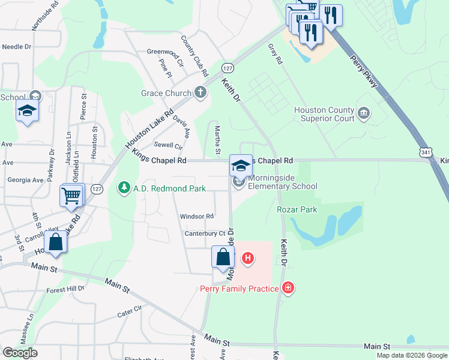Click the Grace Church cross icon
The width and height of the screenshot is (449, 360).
coord(201,93)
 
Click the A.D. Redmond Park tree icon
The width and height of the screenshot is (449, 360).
coord(124,188)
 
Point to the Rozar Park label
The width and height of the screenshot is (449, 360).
coord(297,209)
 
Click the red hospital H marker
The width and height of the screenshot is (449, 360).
coord(247,259)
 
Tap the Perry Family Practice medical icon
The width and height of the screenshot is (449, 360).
coord(289,289)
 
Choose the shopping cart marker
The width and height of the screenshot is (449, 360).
coord(71,195)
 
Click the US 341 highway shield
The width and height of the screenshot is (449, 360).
coord(425,154)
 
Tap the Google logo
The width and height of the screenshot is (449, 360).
coord(20,353)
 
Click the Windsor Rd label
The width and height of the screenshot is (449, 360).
coord(197,216)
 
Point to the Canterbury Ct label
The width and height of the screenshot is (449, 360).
coord(205,233)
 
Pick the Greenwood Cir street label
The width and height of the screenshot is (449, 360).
coord(164,52)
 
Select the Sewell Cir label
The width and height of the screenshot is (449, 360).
coord(168,145)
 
